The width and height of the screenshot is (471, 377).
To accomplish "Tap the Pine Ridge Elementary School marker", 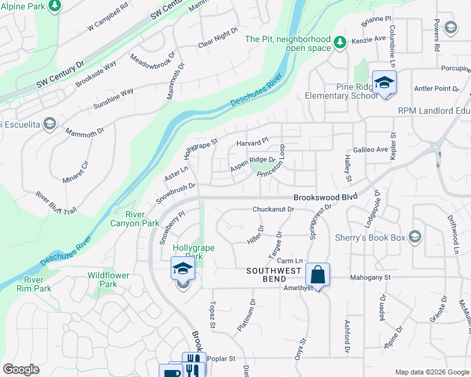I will click(383, 83).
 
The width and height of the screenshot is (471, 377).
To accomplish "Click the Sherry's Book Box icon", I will click(414, 236).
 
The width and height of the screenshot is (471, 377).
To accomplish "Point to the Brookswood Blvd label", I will click(325, 197).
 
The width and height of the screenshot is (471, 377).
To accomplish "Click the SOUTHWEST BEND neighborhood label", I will click(275, 271).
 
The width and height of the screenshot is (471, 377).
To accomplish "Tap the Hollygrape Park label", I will click(193, 252).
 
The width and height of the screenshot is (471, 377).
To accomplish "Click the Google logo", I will click(21, 369).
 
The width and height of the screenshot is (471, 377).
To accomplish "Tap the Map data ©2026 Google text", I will click(431, 372).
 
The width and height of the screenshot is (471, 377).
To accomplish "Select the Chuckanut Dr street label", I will click(273, 209).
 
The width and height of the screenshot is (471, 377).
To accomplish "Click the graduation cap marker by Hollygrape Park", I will click(183, 269).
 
